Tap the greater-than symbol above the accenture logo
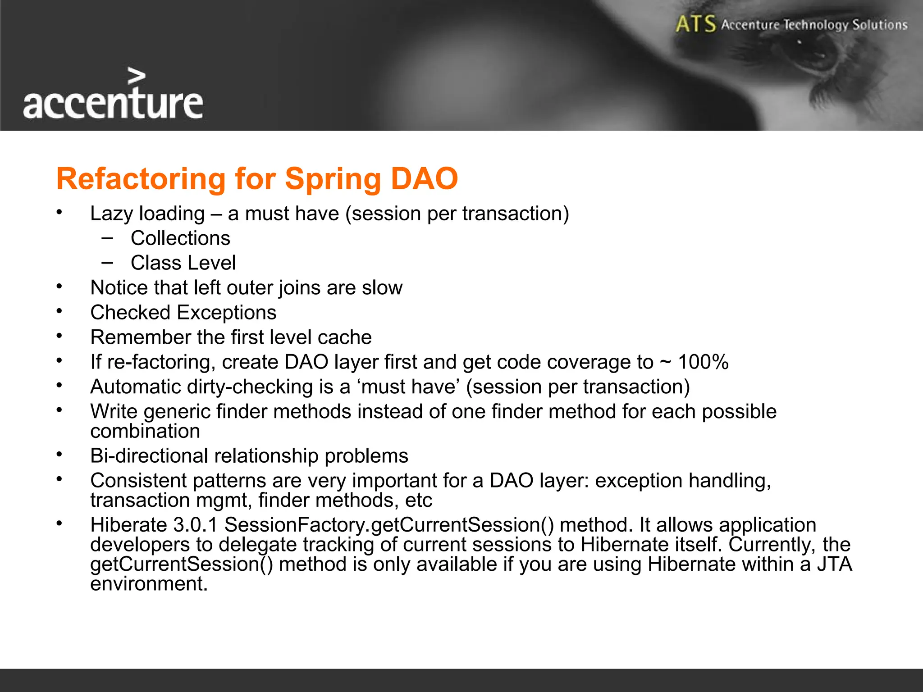137,76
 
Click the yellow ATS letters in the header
695,24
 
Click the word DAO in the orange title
424,179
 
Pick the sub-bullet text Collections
180,238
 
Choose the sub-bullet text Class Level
183,263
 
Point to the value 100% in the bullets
703,362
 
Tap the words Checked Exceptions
183,313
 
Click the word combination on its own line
145,432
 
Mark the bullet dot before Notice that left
59,286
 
